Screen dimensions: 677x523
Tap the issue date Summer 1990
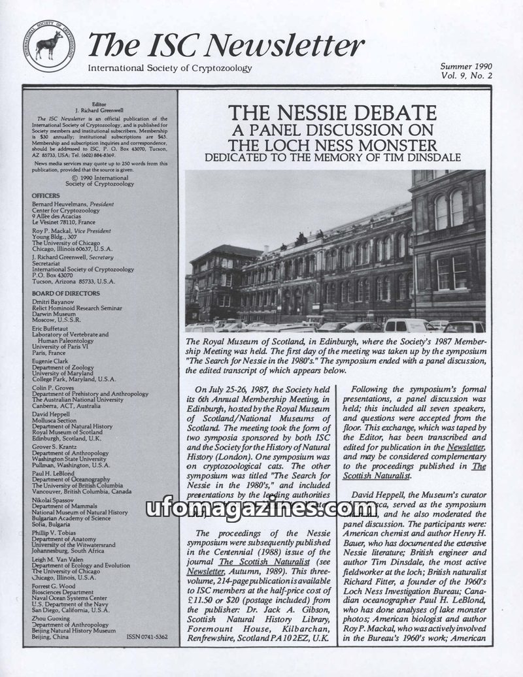pyautogui.click(x=465, y=67)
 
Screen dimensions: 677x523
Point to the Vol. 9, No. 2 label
pyautogui.click(x=465, y=76)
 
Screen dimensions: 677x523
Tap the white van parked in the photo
pyautogui.click(x=403, y=325)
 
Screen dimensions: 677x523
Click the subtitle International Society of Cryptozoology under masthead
pyautogui.click(x=169, y=68)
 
